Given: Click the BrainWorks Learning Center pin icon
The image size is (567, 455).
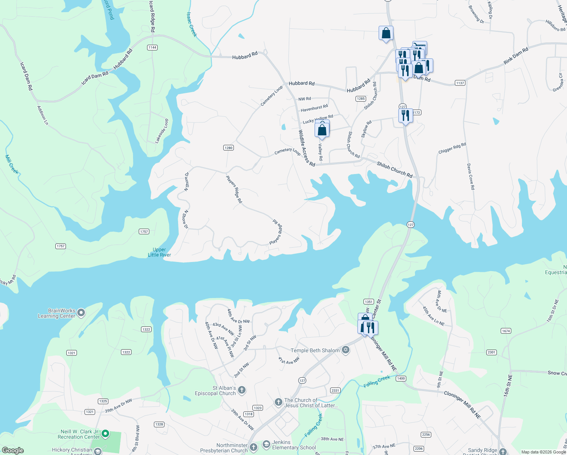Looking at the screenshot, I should [x=81, y=313].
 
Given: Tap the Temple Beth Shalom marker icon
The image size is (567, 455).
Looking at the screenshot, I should [x=345, y=350].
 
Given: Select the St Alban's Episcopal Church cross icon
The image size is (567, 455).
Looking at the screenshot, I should [x=241, y=390].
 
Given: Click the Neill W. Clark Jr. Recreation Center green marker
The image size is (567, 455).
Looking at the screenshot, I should [x=106, y=433].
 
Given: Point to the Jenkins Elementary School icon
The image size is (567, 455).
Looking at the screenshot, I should [x=266, y=444].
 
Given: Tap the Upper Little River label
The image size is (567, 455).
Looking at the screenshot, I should [x=159, y=252].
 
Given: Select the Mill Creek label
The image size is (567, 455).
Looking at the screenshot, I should [x=12, y=164].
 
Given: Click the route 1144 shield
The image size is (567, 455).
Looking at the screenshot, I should [x=152, y=47].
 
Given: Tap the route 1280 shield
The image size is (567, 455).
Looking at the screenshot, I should [x=228, y=148].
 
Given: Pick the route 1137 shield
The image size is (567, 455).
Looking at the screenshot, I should [x=460, y=83].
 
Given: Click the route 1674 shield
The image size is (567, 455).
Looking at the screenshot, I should [x=506, y=331].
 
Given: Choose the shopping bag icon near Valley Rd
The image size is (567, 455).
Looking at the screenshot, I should [x=322, y=130].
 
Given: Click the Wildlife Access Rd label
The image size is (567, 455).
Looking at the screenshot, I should [x=306, y=148].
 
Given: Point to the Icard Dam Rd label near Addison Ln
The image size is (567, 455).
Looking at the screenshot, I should [x=26, y=76].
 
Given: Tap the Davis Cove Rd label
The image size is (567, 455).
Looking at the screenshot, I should [x=470, y=177].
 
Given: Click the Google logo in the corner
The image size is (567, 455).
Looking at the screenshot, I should [x=13, y=450].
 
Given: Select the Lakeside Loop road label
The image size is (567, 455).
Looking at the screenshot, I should [x=161, y=131].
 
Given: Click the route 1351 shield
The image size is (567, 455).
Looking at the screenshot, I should [x=368, y=302].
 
